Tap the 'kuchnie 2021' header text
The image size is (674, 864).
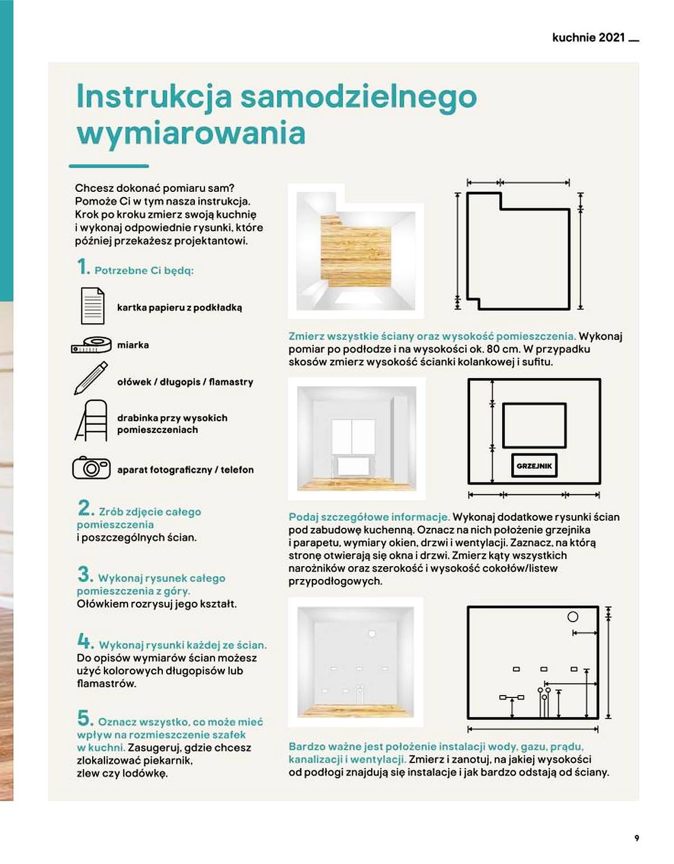pyautogui.click(x=589, y=38)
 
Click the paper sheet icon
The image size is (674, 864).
pyautogui.click(x=93, y=306)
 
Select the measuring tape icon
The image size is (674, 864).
pyautogui.click(x=91, y=344)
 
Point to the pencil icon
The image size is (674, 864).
pyautogui.click(x=91, y=378)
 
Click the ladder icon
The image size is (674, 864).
pyautogui.click(x=92, y=421)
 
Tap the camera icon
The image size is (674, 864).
pyautogui.click(x=91, y=467)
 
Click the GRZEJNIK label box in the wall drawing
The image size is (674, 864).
pyautogui.click(x=534, y=466)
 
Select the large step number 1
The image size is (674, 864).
pyautogui.click(x=83, y=267)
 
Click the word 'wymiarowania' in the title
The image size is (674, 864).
pyautogui.click(x=191, y=133)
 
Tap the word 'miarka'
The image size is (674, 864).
pyautogui.click(x=133, y=344)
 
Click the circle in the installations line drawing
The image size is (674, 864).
pyautogui.click(x=572, y=617)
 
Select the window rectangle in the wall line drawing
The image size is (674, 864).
pyautogui.click(x=534, y=425)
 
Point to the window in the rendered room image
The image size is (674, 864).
pyautogui.click(x=353, y=437)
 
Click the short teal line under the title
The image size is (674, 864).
pyautogui.click(x=108, y=166)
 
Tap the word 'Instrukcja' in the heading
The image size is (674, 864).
pyautogui.click(x=153, y=98)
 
